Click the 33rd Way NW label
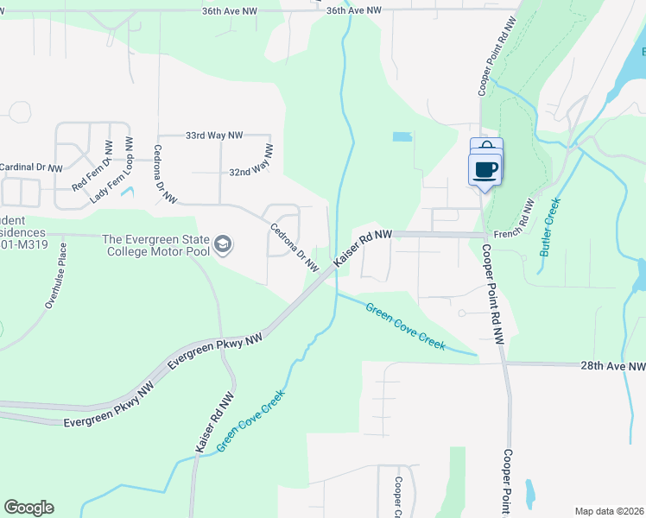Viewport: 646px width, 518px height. coord(214,136)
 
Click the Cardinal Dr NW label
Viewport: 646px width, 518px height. coord(31,167)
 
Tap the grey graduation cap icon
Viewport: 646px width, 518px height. coord(224,245)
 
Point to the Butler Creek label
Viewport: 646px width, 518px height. coord(551,227)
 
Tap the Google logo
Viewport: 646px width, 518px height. coord(28,508)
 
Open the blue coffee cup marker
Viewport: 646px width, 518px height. coord(486,167)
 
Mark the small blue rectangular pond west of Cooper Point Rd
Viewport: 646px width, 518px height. coord(402,136)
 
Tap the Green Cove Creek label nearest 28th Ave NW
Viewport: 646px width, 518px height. coord(405,326)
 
